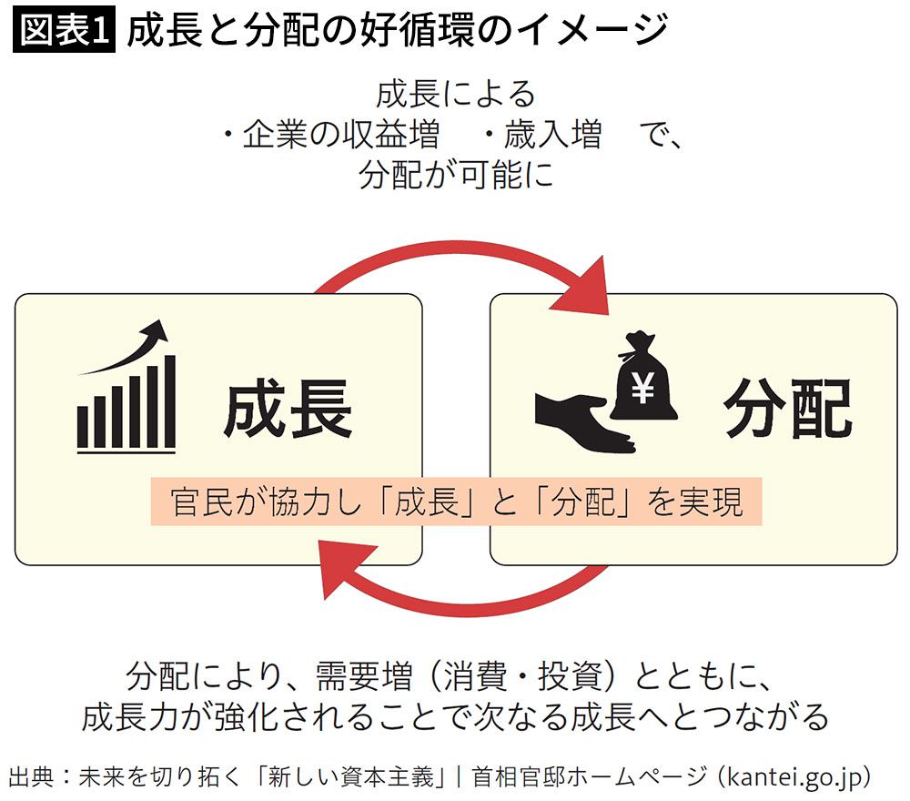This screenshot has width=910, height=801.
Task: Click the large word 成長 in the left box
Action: (x=288, y=410)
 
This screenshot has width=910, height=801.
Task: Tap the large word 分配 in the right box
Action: (x=788, y=410)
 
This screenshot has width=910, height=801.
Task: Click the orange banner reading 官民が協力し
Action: (x=456, y=502)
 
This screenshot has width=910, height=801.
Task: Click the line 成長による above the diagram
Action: (x=455, y=95)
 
